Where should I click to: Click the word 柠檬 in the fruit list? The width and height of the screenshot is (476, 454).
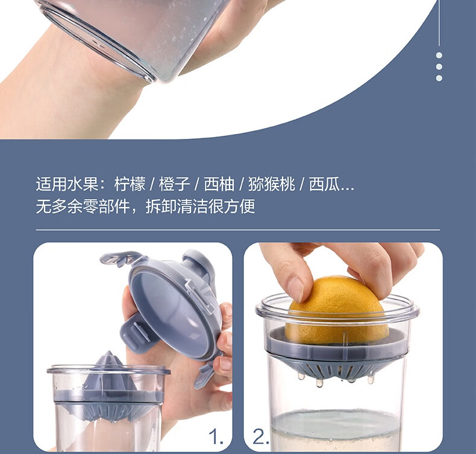[130, 184]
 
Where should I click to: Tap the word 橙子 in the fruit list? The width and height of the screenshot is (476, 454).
[175, 184]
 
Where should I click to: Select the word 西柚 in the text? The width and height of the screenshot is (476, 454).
[219, 184]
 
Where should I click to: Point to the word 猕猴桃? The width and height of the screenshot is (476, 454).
[271, 184]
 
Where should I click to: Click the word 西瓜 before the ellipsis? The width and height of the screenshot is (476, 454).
[324, 184]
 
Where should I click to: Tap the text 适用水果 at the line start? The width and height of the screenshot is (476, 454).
[67, 184]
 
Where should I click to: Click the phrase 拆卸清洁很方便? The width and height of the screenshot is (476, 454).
[201, 206]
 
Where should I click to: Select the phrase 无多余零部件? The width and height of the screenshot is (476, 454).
[83, 206]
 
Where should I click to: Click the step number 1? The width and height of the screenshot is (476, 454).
[216, 437]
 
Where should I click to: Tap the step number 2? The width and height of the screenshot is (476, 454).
[260, 437]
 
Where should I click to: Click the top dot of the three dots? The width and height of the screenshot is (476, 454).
[439, 55]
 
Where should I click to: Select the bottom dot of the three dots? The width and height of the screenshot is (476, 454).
[439, 78]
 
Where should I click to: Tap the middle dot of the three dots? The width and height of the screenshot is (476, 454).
[439, 66]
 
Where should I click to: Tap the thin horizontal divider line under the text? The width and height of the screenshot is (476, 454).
[237, 230]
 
